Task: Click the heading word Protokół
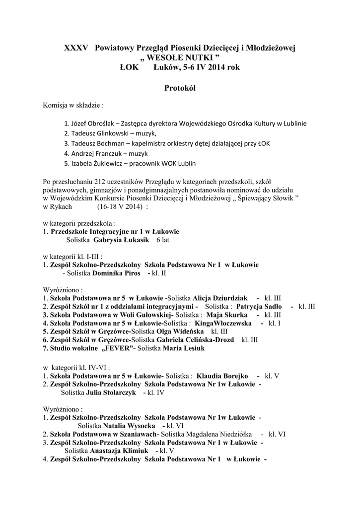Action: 180,88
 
